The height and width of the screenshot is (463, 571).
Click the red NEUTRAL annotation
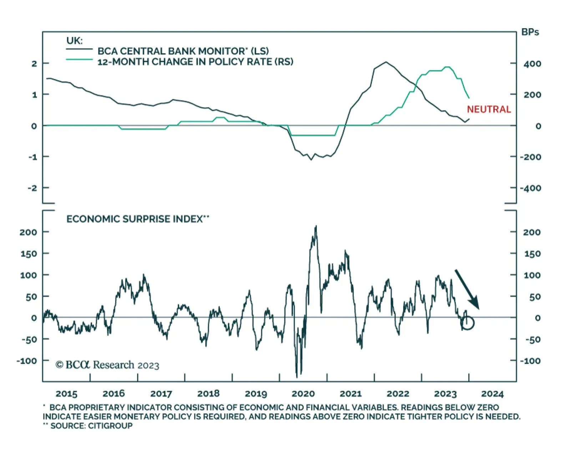point(489,109)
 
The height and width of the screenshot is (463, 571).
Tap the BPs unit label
point(530,32)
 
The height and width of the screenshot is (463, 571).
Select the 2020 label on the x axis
point(303,394)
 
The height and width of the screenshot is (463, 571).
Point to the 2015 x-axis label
point(66,394)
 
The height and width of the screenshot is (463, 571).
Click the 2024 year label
point(492,394)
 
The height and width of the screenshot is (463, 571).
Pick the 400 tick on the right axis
point(532,64)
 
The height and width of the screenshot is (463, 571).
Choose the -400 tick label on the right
point(531,188)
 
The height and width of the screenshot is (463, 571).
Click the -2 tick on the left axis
point(32,188)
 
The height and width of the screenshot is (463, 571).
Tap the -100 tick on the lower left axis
point(27,361)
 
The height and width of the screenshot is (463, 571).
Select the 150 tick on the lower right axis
point(532,254)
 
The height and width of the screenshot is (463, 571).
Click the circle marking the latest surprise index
point(468,323)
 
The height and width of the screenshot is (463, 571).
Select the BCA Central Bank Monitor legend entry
point(183,51)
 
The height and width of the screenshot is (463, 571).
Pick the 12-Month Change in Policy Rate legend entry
point(195,62)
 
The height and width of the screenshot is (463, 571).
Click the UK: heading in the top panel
point(74,40)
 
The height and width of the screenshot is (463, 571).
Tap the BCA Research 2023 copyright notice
point(107,365)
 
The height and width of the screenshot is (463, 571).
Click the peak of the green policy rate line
point(448,67)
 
